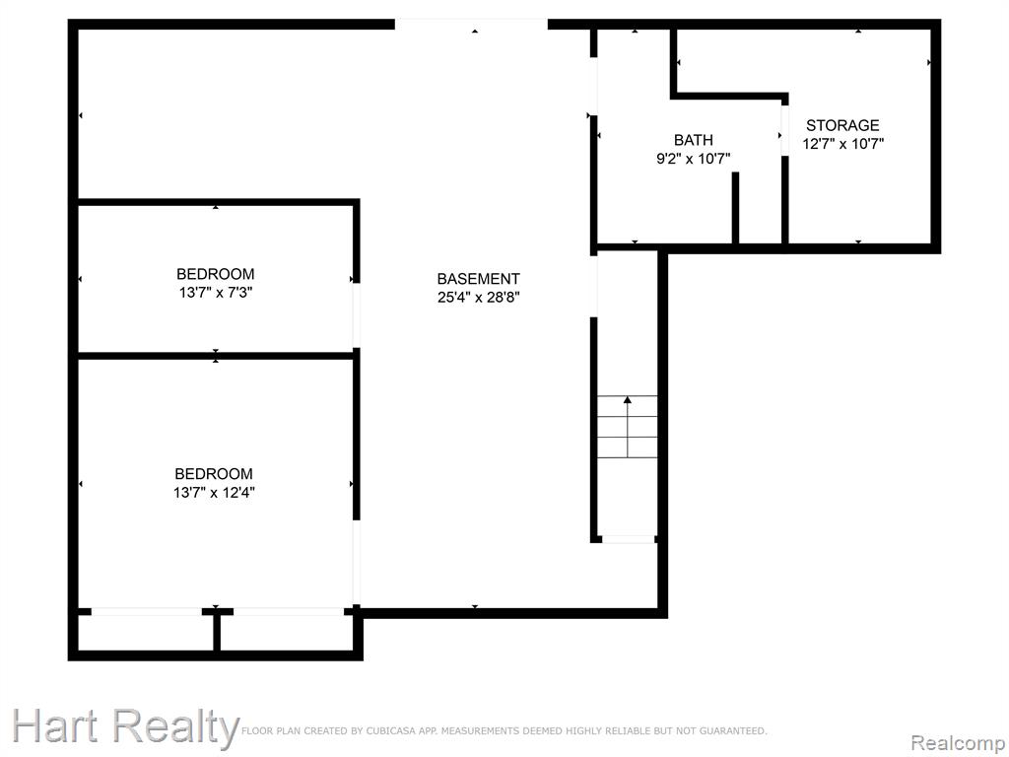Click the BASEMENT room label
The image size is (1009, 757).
[x=478, y=279]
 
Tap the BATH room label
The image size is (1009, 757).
[x=693, y=140]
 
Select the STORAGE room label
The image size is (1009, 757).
[x=842, y=125]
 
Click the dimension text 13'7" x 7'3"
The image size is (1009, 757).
[x=216, y=293]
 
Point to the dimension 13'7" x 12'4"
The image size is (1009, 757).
[x=214, y=493]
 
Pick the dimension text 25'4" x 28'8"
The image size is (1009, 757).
[x=478, y=298]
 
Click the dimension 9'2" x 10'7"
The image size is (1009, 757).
[x=693, y=159]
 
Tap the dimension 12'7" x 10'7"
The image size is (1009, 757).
[x=843, y=144]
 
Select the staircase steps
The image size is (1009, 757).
[x=628, y=426]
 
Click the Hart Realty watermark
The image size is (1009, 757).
[x=125, y=727]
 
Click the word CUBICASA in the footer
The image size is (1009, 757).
[x=389, y=730]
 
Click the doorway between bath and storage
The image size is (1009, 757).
[x=785, y=130]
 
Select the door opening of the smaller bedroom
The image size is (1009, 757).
[x=356, y=315]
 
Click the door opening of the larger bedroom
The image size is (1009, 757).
[x=356, y=563]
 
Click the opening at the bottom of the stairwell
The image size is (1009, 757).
[x=628, y=539]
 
